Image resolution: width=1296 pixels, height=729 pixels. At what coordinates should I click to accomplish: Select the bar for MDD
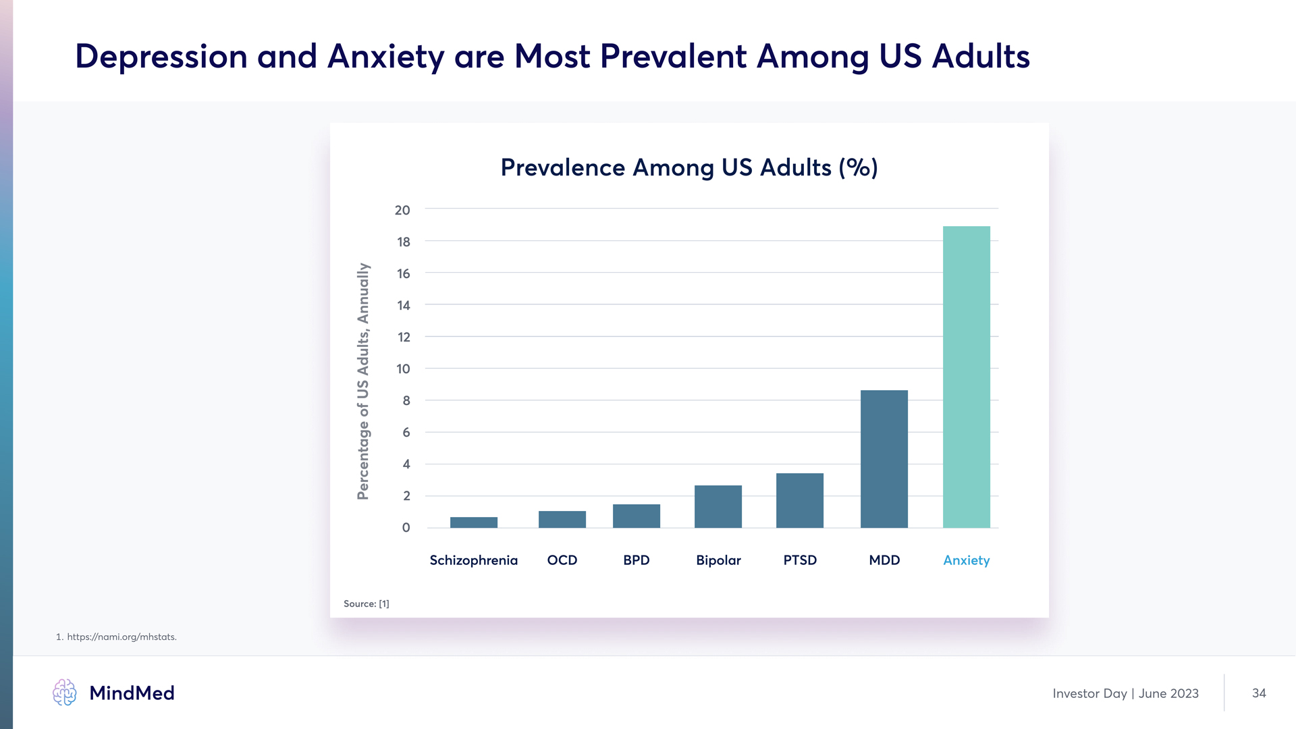pos(884,459)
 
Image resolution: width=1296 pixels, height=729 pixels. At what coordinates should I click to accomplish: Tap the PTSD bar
pos(799,500)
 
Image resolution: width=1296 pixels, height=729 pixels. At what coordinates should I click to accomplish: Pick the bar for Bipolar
pos(718,506)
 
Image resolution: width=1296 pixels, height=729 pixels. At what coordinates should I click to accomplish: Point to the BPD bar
pos(636,516)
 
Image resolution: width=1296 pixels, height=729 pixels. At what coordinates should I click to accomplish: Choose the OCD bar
pos(562,519)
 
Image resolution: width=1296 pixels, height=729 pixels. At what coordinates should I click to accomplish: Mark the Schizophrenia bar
pos(473,522)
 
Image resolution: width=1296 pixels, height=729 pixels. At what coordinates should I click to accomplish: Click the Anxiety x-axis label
pos(966,560)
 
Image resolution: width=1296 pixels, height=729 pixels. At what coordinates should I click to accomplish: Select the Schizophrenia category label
pos(473,560)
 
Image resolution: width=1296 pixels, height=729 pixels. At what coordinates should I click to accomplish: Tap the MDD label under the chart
pos(884,560)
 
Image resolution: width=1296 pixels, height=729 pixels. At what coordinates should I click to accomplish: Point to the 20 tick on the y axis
pos(402,210)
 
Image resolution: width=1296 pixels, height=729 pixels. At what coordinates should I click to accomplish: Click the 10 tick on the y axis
pos(403,369)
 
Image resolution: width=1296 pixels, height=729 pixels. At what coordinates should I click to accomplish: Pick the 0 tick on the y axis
pos(406,528)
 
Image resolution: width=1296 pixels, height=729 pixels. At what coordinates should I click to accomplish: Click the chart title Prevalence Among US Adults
pos(688,167)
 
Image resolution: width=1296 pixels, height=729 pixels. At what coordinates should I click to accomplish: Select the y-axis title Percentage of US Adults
pos(363,381)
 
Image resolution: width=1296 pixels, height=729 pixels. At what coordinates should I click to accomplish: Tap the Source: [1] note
pos(366,603)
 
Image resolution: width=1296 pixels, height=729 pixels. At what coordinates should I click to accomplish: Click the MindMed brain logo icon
pos(65,693)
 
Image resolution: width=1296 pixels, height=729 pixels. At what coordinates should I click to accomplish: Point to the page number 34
pos(1259,693)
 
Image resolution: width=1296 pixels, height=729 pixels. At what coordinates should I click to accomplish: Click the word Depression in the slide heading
pos(161,56)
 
